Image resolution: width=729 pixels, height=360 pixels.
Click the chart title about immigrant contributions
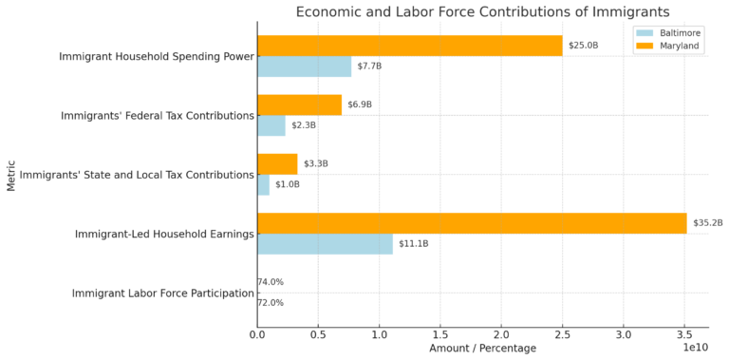482,12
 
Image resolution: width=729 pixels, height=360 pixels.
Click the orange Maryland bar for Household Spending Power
409,46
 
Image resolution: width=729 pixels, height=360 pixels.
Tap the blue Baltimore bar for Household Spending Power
304,66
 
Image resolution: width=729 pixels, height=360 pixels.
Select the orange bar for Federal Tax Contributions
299,104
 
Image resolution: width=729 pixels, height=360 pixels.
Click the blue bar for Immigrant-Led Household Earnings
325,244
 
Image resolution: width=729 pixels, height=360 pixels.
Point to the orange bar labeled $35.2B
472,223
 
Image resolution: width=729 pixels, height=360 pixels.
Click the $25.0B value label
582,46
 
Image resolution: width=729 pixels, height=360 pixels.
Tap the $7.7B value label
369,66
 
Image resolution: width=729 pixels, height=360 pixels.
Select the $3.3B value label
315,164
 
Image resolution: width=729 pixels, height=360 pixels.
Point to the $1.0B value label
287,184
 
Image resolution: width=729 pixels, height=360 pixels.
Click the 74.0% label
271,282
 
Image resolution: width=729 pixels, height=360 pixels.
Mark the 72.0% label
271,303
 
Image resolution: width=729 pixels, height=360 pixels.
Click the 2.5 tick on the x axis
562,335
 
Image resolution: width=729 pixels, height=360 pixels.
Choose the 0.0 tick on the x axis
257,335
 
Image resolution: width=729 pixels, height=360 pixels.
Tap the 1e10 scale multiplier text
695,349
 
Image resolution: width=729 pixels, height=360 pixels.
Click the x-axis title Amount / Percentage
482,349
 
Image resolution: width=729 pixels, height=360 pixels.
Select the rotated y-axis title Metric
11,175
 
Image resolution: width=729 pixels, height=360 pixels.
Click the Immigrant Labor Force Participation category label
162,294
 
